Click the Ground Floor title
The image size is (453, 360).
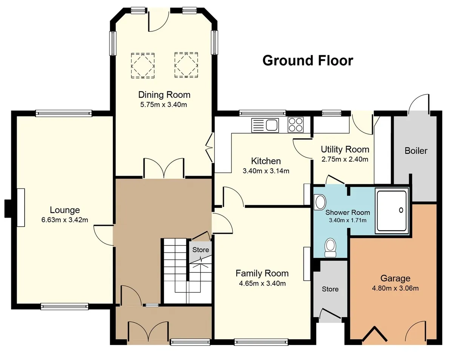point(308,61)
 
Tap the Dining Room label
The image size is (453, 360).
point(164,95)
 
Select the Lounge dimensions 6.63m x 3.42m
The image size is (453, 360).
point(65,220)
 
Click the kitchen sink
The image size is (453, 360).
point(265,125)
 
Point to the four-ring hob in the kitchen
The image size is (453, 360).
point(296,125)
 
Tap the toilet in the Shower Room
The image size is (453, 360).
point(330,247)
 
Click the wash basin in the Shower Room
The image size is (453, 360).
point(320,202)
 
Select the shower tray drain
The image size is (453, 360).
point(401,210)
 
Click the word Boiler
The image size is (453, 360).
point(416,151)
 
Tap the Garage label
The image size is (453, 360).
point(395,278)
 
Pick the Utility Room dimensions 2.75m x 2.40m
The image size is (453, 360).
point(345,159)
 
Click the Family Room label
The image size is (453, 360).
point(262,273)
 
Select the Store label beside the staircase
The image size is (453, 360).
point(200,250)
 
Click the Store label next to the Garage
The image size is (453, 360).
point(330,289)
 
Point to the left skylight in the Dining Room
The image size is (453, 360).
point(143,66)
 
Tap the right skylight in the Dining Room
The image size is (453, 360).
point(186,65)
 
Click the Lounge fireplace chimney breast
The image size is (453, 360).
point(8,209)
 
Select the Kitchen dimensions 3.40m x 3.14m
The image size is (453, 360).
point(266,171)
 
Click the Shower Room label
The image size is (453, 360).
point(348,212)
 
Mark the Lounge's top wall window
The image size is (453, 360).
point(64,113)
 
